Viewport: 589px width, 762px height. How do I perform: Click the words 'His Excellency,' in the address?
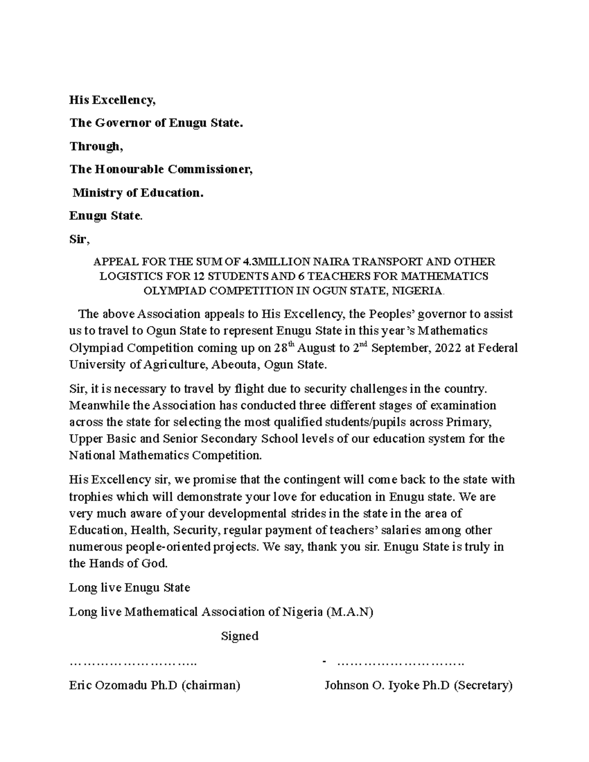(x=112, y=101)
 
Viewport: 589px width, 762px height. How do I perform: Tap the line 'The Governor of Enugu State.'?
(x=156, y=123)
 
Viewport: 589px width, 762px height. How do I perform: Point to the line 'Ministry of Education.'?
(x=137, y=193)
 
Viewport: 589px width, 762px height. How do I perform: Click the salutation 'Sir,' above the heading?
(x=80, y=240)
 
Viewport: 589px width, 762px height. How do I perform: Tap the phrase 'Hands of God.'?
(x=128, y=563)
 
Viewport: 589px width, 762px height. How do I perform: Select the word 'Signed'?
(x=240, y=636)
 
